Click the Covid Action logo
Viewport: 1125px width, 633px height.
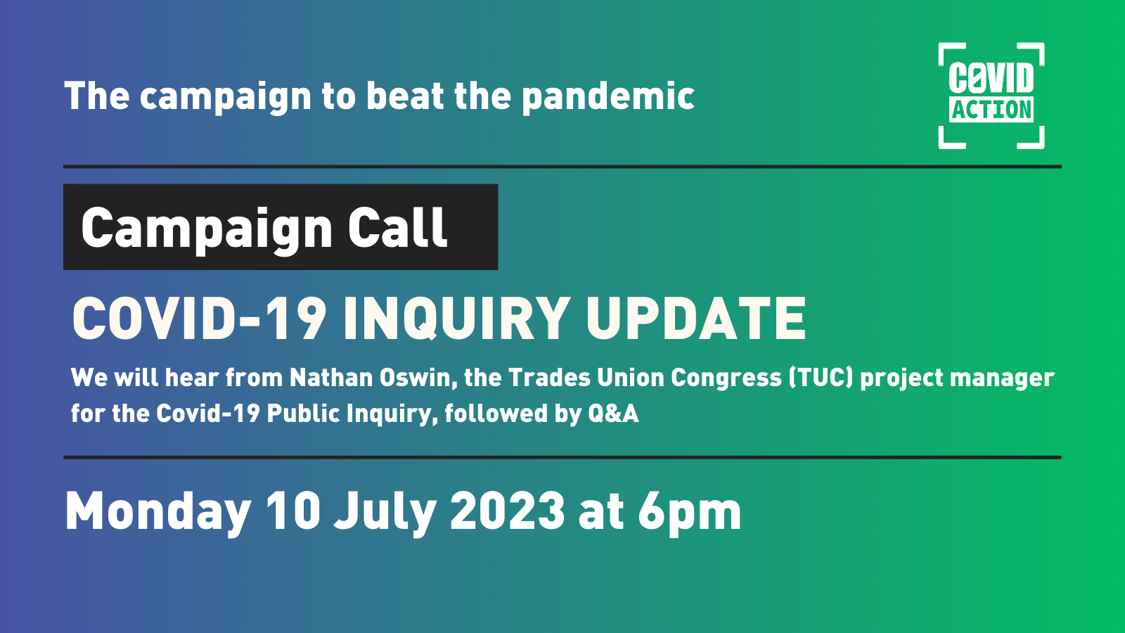tap(991, 96)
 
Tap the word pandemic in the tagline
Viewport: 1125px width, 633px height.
tap(608, 97)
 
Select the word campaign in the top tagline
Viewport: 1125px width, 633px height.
tap(225, 97)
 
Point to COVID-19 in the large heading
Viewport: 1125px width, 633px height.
tap(199, 319)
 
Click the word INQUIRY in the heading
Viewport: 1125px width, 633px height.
tap(456, 319)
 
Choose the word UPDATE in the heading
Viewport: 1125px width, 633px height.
tap(695, 319)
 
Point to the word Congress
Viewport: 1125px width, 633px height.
tap(726, 378)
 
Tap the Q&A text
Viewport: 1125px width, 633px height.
tap(613, 414)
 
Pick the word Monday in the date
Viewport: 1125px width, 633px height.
tap(158, 512)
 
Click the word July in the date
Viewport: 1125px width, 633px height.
tap(385, 512)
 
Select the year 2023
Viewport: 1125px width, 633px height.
tap(507, 511)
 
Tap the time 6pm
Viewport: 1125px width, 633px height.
tap(689, 512)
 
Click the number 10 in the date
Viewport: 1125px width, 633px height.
tap(292, 511)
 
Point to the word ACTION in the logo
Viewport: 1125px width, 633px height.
tap(991, 110)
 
